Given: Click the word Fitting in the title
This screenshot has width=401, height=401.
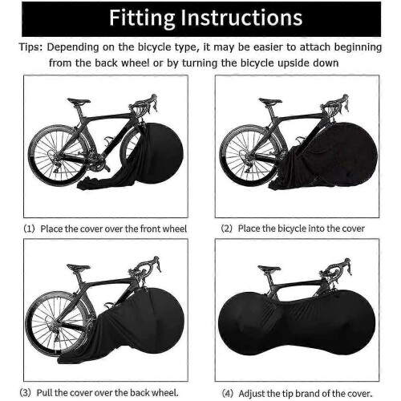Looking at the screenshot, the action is tap(142, 18).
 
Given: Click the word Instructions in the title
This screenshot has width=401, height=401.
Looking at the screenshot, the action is tap(241, 18).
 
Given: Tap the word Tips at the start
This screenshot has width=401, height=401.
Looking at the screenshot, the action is tap(30, 47).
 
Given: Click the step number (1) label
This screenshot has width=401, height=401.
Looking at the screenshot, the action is tap(30, 229).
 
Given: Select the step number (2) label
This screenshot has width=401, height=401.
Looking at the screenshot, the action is tap(227, 229).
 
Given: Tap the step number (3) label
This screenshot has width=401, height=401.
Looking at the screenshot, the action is tap(26, 393).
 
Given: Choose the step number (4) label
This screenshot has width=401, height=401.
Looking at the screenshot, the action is tap(228, 394).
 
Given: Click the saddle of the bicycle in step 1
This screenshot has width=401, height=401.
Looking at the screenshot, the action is tap(79, 101).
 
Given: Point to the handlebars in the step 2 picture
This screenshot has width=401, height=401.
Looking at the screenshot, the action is tap(335, 105).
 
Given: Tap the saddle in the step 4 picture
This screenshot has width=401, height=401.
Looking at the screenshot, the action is tap(269, 268).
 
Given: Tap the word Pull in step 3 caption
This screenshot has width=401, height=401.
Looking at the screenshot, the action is tap(45, 393).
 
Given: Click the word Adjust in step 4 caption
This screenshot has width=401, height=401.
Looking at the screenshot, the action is tap(252, 394).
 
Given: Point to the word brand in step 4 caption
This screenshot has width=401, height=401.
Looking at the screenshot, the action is tap(310, 394).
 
